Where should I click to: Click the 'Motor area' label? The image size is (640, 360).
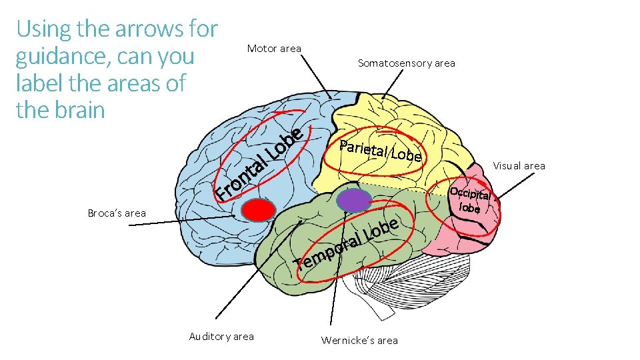pyautogui.click(x=274, y=49)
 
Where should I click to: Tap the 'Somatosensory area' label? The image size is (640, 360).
pyautogui.click(x=406, y=63)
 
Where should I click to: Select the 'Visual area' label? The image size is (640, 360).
pyautogui.click(x=519, y=166)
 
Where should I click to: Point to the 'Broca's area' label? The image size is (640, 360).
pyautogui.click(x=117, y=213)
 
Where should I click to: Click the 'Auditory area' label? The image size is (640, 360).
pyautogui.click(x=221, y=337)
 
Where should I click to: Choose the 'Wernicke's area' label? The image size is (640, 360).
pyautogui.click(x=359, y=341)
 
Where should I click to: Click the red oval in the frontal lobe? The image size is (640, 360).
pyautogui.click(x=258, y=210)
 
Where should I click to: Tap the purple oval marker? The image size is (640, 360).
pyautogui.click(x=353, y=199)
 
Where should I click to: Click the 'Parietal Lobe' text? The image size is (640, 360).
pyautogui.click(x=380, y=151)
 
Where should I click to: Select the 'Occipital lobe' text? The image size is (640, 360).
pyautogui.click(x=471, y=200)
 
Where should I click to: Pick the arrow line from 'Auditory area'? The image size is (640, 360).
pyautogui.click(x=253, y=267)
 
